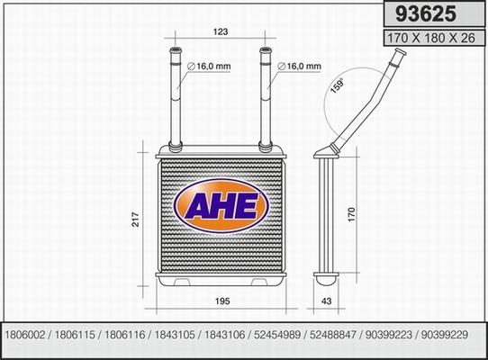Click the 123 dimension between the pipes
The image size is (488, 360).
coord(221,31)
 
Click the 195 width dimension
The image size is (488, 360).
coord(221,302)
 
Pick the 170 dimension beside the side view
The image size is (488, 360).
coord(354,216)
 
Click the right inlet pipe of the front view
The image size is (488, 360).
coord(266,94)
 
